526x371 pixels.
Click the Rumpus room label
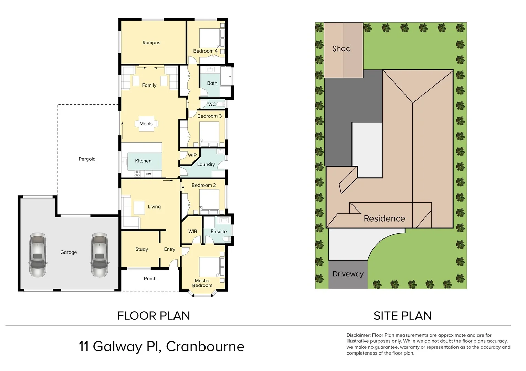(x=151, y=43)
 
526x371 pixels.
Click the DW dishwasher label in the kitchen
(x=148, y=174)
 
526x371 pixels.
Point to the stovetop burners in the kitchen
(x=137, y=174)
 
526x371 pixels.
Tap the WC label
(x=212, y=104)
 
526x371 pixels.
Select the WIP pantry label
(x=192, y=155)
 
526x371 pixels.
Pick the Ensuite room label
(x=219, y=232)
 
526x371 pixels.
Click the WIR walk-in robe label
(x=193, y=232)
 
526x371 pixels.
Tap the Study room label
(x=141, y=249)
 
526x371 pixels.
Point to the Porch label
(x=150, y=279)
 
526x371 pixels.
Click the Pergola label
(x=87, y=159)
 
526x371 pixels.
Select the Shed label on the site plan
(x=341, y=49)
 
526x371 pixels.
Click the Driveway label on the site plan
(x=348, y=274)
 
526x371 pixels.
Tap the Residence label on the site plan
(x=384, y=218)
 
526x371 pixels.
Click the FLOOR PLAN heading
(x=154, y=316)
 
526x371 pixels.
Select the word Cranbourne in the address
(x=205, y=347)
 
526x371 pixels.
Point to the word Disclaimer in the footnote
(x=358, y=335)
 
